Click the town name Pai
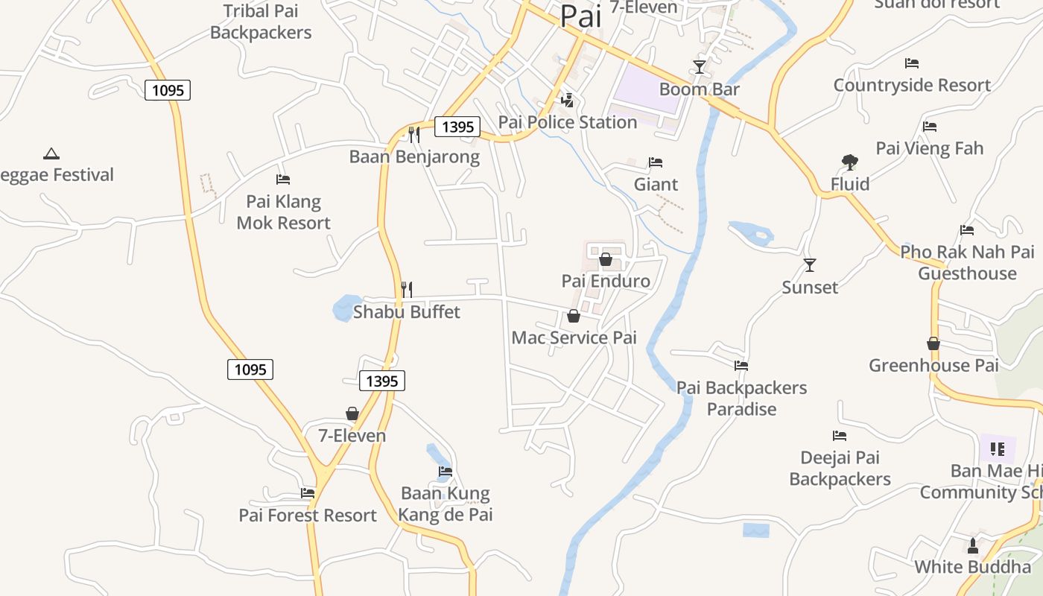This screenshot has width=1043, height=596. pos(580,16)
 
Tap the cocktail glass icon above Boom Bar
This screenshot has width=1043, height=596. pos(699,67)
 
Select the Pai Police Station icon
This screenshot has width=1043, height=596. pos(568,100)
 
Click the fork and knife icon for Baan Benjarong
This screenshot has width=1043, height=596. pos(414,135)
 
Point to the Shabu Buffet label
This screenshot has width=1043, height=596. pos(407,311)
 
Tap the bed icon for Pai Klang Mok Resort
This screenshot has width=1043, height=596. pos(283,180)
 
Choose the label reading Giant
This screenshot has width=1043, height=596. pos(656,184)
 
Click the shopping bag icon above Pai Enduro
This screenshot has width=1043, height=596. pos(606,259)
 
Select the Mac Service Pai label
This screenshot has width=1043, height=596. pos(574,337)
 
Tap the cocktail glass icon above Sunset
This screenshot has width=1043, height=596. pos(810,265)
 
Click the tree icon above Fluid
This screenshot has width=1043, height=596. pos(849,162)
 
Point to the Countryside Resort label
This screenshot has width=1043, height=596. pos(912,85)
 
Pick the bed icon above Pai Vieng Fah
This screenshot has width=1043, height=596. pos(930,127)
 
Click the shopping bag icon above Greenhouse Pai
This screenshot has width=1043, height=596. pos(933,343)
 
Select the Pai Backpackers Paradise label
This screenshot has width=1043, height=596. pos(741,398)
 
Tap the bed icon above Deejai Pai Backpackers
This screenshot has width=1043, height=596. pos(840,436)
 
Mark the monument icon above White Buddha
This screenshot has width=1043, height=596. pos(972,546)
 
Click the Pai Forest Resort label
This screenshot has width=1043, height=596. pos(308,515)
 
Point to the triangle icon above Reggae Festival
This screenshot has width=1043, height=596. pos(51,154)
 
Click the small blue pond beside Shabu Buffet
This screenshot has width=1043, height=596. pos(345,307)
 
